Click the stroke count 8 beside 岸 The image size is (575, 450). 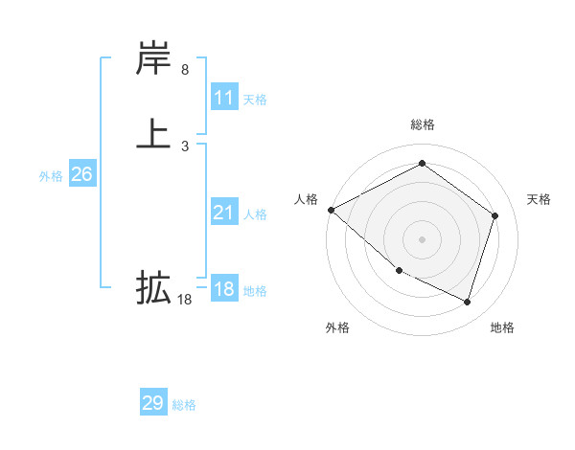[184, 70]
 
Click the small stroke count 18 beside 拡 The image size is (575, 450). [184, 299]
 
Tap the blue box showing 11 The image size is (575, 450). [224, 98]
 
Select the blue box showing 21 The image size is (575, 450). [224, 213]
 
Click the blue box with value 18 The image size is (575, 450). [224, 289]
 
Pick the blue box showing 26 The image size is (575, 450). [81, 174]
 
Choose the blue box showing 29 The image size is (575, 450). [153, 403]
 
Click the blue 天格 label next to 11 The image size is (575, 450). [255, 100]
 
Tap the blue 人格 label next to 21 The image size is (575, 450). [255, 214]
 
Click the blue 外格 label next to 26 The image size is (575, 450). [51, 176]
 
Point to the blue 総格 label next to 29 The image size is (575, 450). [184, 405]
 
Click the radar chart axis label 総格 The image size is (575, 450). [422, 124]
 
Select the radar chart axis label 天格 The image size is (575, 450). [539, 199]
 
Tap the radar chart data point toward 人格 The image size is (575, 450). [331, 210]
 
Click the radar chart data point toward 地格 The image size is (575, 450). [467, 302]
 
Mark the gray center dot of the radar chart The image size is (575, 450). [422, 239]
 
